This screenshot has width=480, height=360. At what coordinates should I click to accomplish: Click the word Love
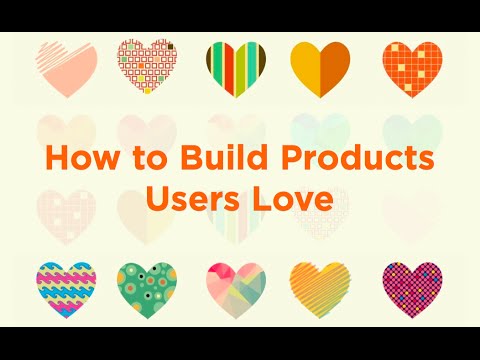pyautogui.click(x=288, y=197)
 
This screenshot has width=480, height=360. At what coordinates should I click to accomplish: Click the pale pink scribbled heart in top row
pyautogui.click(x=67, y=68)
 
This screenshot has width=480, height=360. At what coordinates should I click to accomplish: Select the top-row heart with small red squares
pyautogui.click(x=148, y=68)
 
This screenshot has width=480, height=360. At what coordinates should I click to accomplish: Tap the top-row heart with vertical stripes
pyautogui.click(x=236, y=68)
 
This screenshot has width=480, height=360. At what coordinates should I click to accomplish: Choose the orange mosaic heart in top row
pyautogui.click(x=411, y=68)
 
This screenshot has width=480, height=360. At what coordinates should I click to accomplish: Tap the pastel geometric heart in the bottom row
pyautogui.click(x=236, y=287)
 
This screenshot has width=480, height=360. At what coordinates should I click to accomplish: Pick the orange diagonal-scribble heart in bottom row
pyautogui.click(x=320, y=287)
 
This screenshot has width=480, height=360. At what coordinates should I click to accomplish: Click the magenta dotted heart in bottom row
pyautogui.click(x=412, y=287)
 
